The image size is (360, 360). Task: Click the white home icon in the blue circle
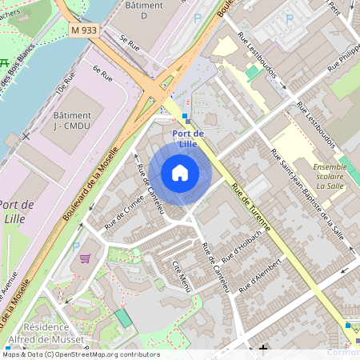[x=180, y=172]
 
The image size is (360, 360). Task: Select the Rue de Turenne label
[x=250, y=207]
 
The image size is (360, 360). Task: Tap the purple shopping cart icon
[x=86, y=258]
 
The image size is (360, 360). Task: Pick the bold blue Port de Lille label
[x=188, y=138]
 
